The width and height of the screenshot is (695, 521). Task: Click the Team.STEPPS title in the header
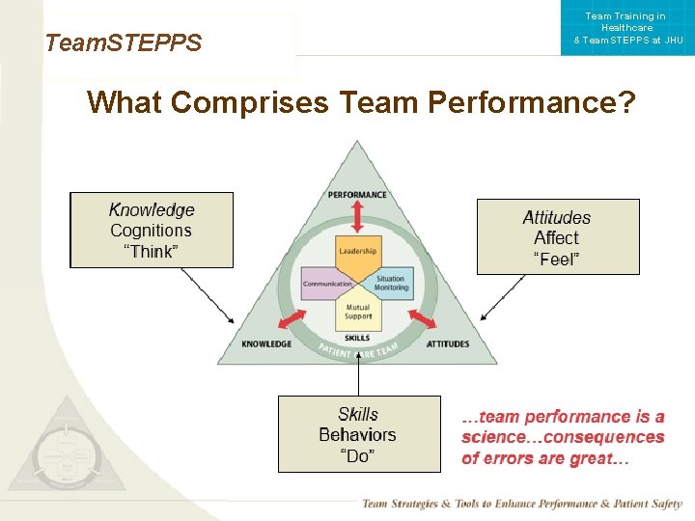[x=124, y=43]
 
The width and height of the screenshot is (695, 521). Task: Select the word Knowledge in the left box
[x=152, y=209]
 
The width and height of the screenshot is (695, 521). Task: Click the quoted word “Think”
[x=152, y=252]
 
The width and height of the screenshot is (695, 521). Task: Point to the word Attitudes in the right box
[x=557, y=217]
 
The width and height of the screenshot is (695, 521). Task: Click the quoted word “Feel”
[x=557, y=259]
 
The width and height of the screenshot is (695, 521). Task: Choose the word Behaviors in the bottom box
[x=357, y=435]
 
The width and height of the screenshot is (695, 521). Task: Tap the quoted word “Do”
[x=358, y=456]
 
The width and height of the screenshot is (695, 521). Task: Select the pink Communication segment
[x=327, y=284]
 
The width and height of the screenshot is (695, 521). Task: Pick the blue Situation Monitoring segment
[x=390, y=282]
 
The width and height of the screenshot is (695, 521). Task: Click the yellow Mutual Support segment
[x=358, y=312]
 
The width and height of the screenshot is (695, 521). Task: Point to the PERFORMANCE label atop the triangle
[x=357, y=195]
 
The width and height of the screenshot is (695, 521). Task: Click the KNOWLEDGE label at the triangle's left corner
[x=266, y=343]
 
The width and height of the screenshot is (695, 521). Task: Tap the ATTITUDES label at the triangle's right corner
[x=448, y=343]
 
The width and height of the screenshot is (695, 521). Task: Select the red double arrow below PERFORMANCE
[x=357, y=216]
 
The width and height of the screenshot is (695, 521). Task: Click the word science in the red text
[x=493, y=438]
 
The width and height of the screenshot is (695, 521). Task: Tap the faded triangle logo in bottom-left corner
[x=63, y=448]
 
